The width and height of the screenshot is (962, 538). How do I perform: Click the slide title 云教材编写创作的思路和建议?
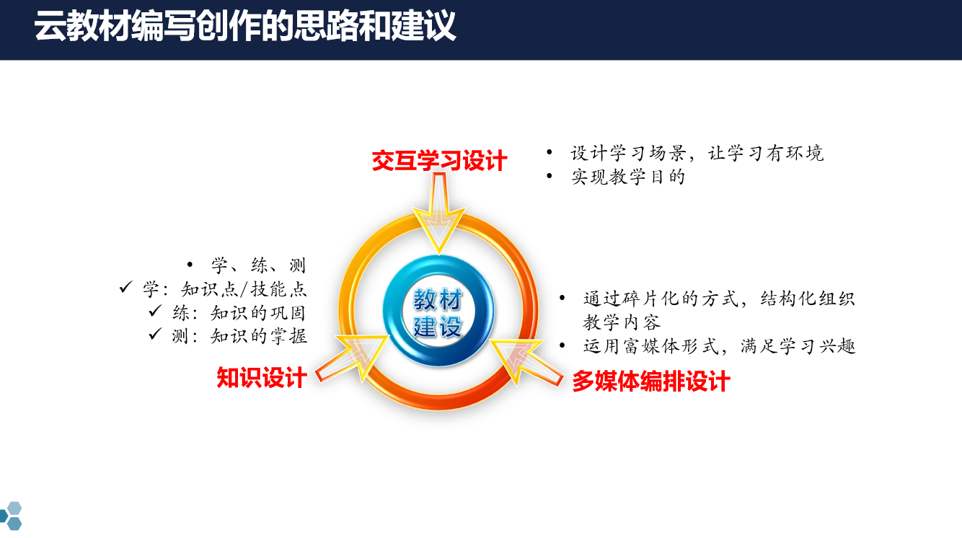pyautogui.click(x=244, y=26)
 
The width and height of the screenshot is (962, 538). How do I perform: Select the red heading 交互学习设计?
pyautogui.click(x=439, y=161)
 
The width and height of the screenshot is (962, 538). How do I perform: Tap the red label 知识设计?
pyautogui.click(x=262, y=377)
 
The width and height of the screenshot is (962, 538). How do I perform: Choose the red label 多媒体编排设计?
pyautogui.click(x=651, y=381)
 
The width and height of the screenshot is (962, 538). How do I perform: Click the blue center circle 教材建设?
pyautogui.click(x=438, y=311)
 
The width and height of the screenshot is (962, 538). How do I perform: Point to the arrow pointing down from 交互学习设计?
pyautogui.click(x=439, y=213)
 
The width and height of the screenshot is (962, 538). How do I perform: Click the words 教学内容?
pyautogui.click(x=622, y=322)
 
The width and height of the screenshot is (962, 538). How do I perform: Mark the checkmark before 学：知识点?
pyautogui.click(x=125, y=287)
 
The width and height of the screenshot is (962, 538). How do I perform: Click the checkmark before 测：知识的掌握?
pyautogui.click(x=155, y=334)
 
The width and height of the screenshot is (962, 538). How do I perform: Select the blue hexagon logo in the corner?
pyautogui.click(x=10, y=516)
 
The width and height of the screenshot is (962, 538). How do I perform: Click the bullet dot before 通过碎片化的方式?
pyautogui.click(x=562, y=298)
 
